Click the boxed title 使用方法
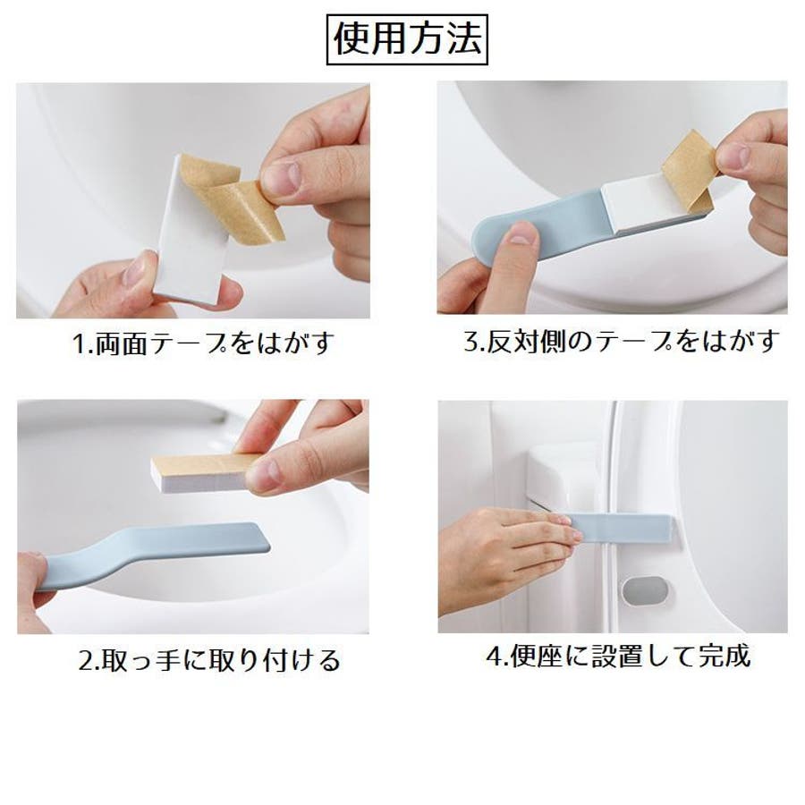(407, 39)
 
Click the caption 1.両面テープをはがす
(204, 343)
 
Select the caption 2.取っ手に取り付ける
(209, 660)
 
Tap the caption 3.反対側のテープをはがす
(622, 341)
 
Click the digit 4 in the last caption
(494, 657)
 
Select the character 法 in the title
(464, 39)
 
